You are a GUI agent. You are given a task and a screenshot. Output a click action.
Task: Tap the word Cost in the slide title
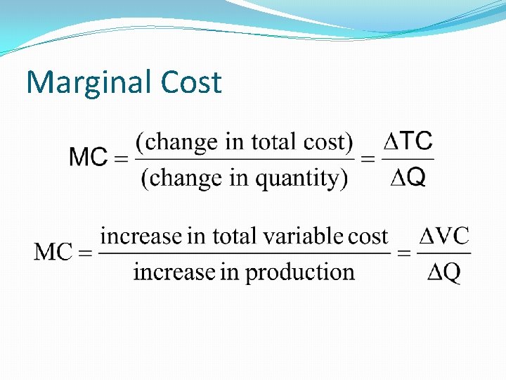click(x=190, y=83)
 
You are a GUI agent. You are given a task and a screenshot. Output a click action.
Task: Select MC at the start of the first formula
click(x=88, y=158)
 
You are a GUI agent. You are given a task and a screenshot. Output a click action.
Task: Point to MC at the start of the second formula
click(x=53, y=251)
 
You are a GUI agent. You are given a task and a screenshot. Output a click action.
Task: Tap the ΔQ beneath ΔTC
click(x=408, y=179)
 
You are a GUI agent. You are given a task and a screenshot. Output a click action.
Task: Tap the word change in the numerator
click(x=181, y=142)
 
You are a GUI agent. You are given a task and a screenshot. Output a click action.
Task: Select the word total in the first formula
click(x=273, y=142)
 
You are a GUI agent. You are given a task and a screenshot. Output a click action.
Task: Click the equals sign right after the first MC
click(x=121, y=159)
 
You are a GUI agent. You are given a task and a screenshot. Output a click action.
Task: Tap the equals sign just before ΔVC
click(x=405, y=253)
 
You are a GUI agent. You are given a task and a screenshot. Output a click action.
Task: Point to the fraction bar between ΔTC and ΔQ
click(x=408, y=160)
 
